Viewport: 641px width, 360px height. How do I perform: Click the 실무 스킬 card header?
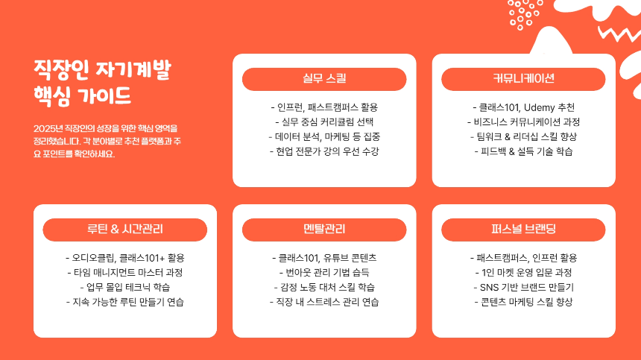tap(324, 79)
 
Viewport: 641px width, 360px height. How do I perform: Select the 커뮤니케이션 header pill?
tap(523, 79)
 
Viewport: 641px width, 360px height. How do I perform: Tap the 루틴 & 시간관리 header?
tap(125, 230)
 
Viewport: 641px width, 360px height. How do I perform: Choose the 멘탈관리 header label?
tap(324, 230)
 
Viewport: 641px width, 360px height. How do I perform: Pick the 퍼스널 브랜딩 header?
tap(523, 230)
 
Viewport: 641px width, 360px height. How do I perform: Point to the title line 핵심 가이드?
tap(83, 97)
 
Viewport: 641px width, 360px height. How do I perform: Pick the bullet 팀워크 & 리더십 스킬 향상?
tap(523, 136)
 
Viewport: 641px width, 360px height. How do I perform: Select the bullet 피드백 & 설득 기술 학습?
tap(523, 151)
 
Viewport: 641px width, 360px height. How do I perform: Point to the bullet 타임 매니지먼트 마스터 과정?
tap(125, 272)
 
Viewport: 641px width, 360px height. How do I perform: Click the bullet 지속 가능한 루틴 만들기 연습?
tap(125, 302)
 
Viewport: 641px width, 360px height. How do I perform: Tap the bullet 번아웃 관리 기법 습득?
tap(324, 272)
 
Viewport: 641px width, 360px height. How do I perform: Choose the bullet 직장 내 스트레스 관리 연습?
tap(324, 302)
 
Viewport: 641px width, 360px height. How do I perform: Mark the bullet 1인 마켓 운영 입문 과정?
tap(523, 272)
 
